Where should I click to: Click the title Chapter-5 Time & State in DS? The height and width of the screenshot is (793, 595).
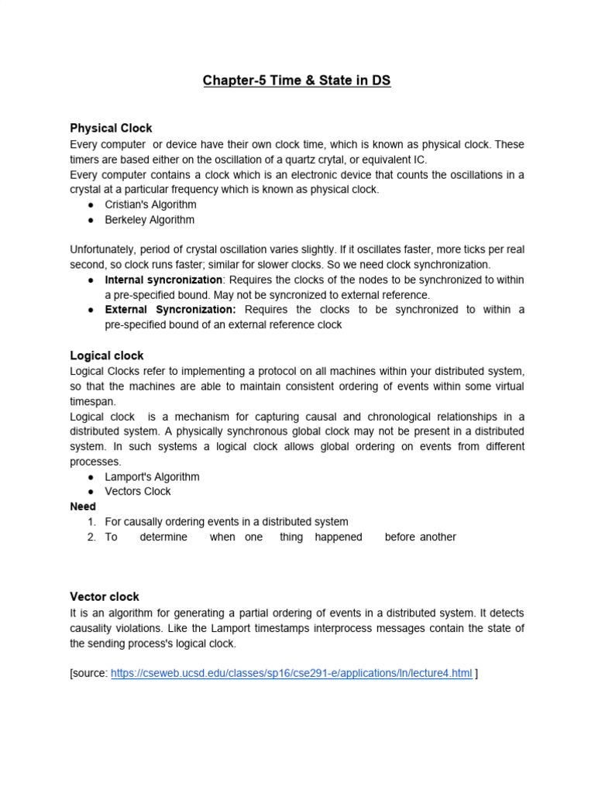pos(297,81)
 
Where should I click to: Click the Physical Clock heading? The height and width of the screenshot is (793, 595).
pos(111,128)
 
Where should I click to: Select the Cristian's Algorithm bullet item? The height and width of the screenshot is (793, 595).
pos(150,204)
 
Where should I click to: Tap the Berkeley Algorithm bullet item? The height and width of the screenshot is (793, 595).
pos(150,220)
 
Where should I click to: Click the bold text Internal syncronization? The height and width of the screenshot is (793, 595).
pos(163,280)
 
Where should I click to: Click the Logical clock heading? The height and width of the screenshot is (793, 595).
pos(107,355)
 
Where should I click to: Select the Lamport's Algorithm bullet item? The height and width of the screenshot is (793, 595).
pos(152,476)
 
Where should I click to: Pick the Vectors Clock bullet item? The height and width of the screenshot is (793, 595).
pos(138,492)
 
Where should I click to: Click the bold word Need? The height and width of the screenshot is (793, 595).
pos(83,506)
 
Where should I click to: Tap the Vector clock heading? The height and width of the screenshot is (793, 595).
pos(105,596)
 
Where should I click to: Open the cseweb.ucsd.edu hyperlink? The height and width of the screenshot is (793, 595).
pos(291,673)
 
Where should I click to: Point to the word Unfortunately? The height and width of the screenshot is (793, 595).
pos(105,249)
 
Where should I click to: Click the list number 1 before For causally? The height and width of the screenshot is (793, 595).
pos(91,522)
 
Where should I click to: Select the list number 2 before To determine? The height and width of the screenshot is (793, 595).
pos(91,537)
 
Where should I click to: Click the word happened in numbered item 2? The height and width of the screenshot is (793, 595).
pos(339,537)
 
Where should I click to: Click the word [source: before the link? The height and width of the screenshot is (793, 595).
pos(88,673)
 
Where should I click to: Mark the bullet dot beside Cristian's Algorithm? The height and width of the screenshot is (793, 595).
pos(91,204)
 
